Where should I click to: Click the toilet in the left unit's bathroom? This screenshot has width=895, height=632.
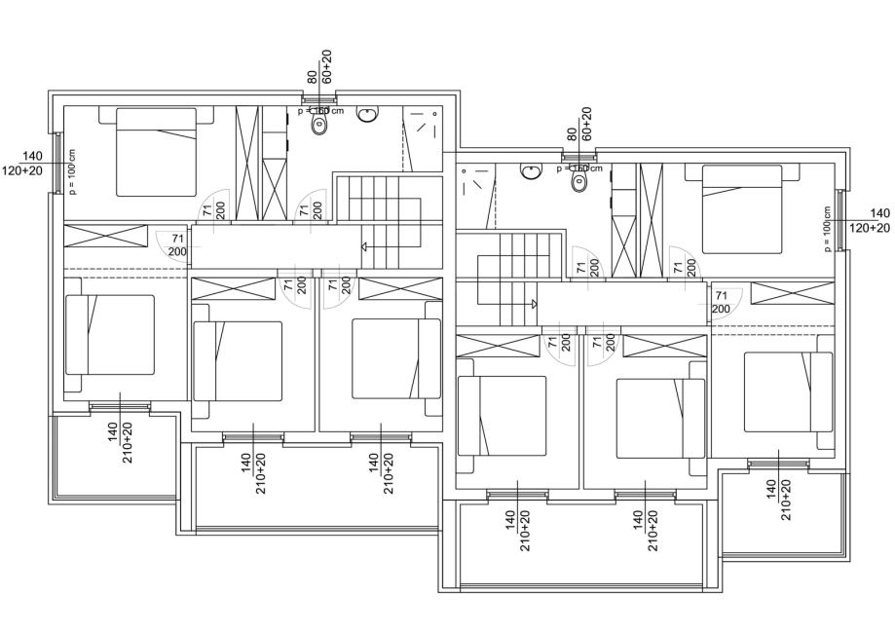pyautogui.click(x=317, y=124)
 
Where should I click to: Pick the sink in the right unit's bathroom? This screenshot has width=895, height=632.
pyautogui.click(x=531, y=171)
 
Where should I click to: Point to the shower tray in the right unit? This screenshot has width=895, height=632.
pyautogui.click(x=476, y=182)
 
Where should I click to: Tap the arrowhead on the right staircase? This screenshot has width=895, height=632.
pyautogui.click(x=534, y=303)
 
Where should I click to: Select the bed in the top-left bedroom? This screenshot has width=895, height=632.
pyautogui.click(x=157, y=151)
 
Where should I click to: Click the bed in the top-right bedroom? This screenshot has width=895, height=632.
pyautogui.click(x=743, y=208)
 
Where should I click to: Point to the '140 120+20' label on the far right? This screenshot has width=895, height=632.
pyautogui.click(x=870, y=220)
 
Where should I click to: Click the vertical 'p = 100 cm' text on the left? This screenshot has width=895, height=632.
pyautogui.click(x=72, y=173)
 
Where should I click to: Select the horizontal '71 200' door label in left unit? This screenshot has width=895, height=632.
pyautogui.click(x=177, y=244)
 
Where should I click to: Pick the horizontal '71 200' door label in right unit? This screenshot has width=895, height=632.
pyautogui.click(x=721, y=302)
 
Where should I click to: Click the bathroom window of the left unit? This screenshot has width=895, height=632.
pyautogui.click(x=318, y=99)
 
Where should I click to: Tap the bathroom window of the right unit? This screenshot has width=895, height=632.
pyautogui.click(x=578, y=155)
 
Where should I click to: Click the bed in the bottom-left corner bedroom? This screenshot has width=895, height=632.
pyautogui.click(x=110, y=334)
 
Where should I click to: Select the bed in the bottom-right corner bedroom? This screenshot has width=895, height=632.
pyautogui.click(x=788, y=391)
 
